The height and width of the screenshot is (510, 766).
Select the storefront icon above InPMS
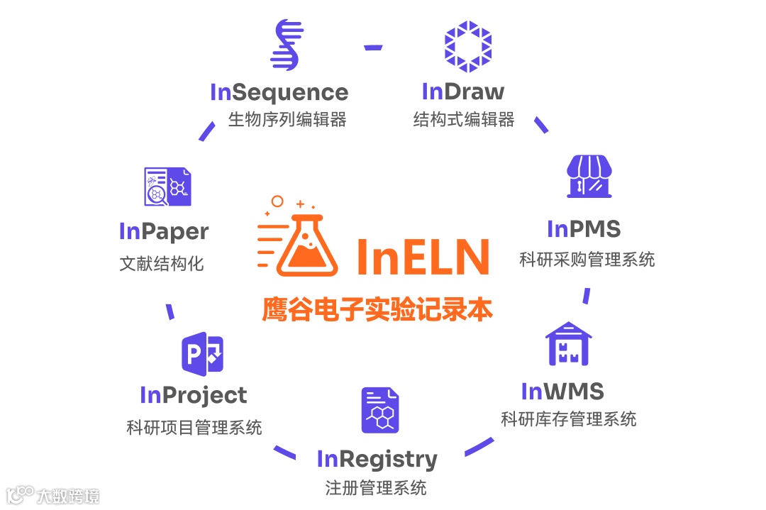point(589,177)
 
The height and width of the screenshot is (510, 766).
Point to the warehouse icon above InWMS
point(568,343)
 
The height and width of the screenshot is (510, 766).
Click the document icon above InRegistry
point(380,410)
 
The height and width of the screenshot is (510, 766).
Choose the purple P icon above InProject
point(203,353)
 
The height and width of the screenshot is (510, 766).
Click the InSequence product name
point(279,92)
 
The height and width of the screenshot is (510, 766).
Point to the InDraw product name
point(462,92)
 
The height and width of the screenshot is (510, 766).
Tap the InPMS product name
point(584,229)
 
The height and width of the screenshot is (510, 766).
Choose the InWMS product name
point(562,391)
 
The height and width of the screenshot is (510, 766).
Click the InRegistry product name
point(377,460)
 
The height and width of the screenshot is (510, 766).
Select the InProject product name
point(194,395)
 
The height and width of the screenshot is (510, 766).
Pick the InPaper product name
point(164,232)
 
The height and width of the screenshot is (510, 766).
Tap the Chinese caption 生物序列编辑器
point(287,119)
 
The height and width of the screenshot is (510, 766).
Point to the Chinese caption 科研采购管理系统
point(587,260)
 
